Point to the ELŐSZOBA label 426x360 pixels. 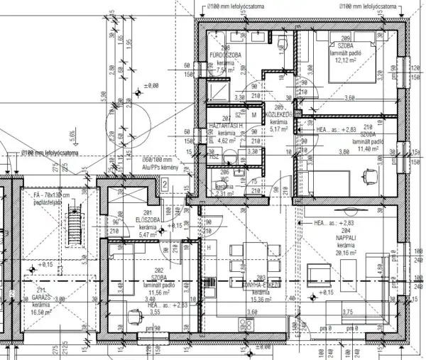[147, 220]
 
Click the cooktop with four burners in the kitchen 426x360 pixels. [246, 323]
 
